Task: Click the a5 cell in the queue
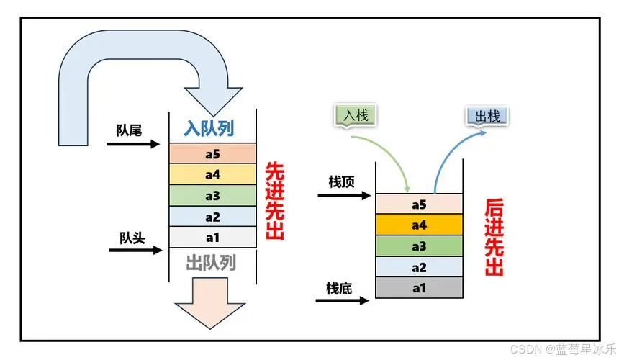(213, 153)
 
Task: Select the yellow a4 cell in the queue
(213, 174)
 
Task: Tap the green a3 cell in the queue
(213, 195)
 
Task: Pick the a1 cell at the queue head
(213, 237)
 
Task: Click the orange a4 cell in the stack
(419, 225)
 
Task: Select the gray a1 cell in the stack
(419, 288)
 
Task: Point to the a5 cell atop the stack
(419, 204)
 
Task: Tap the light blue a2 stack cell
(419, 267)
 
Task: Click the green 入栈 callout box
(356, 116)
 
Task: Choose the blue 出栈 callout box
(487, 117)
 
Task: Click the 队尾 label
(129, 130)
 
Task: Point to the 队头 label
(132, 238)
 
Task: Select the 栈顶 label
(341, 182)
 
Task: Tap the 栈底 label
(339, 289)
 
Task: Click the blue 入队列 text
(209, 129)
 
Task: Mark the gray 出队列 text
(211, 263)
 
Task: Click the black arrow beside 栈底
(343, 301)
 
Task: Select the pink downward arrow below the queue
(210, 303)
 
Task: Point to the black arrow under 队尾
(133, 144)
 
